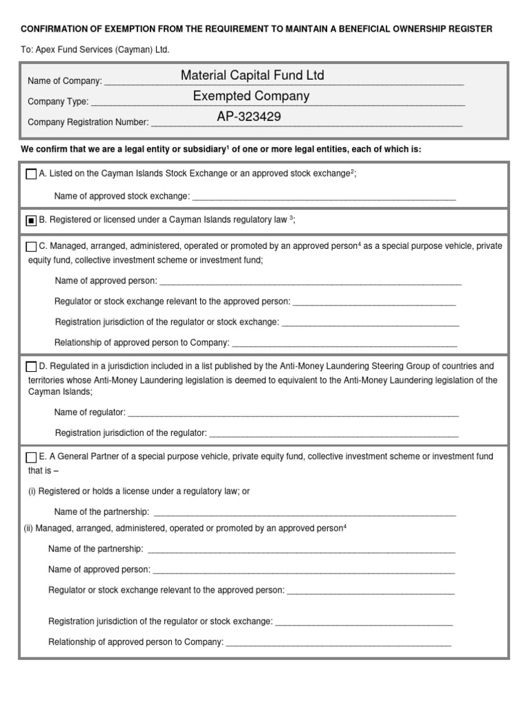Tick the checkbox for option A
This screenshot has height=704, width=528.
point(31,175)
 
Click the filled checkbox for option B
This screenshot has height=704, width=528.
point(31,221)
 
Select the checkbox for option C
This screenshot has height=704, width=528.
point(31,247)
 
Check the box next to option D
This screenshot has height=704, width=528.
point(31,366)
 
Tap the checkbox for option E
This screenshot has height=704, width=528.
point(31,457)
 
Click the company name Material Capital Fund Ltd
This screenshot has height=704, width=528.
point(252,75)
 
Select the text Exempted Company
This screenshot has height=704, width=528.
point(251,96)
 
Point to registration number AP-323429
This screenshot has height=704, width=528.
point(249,116)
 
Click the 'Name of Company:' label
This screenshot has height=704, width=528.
point(65,82)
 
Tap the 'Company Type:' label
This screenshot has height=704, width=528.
point(58,102)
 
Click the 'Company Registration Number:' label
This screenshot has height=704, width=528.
point(88,122)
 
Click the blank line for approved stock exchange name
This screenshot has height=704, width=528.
point(324,197)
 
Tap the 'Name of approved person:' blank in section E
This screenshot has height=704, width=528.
point(303,570)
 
